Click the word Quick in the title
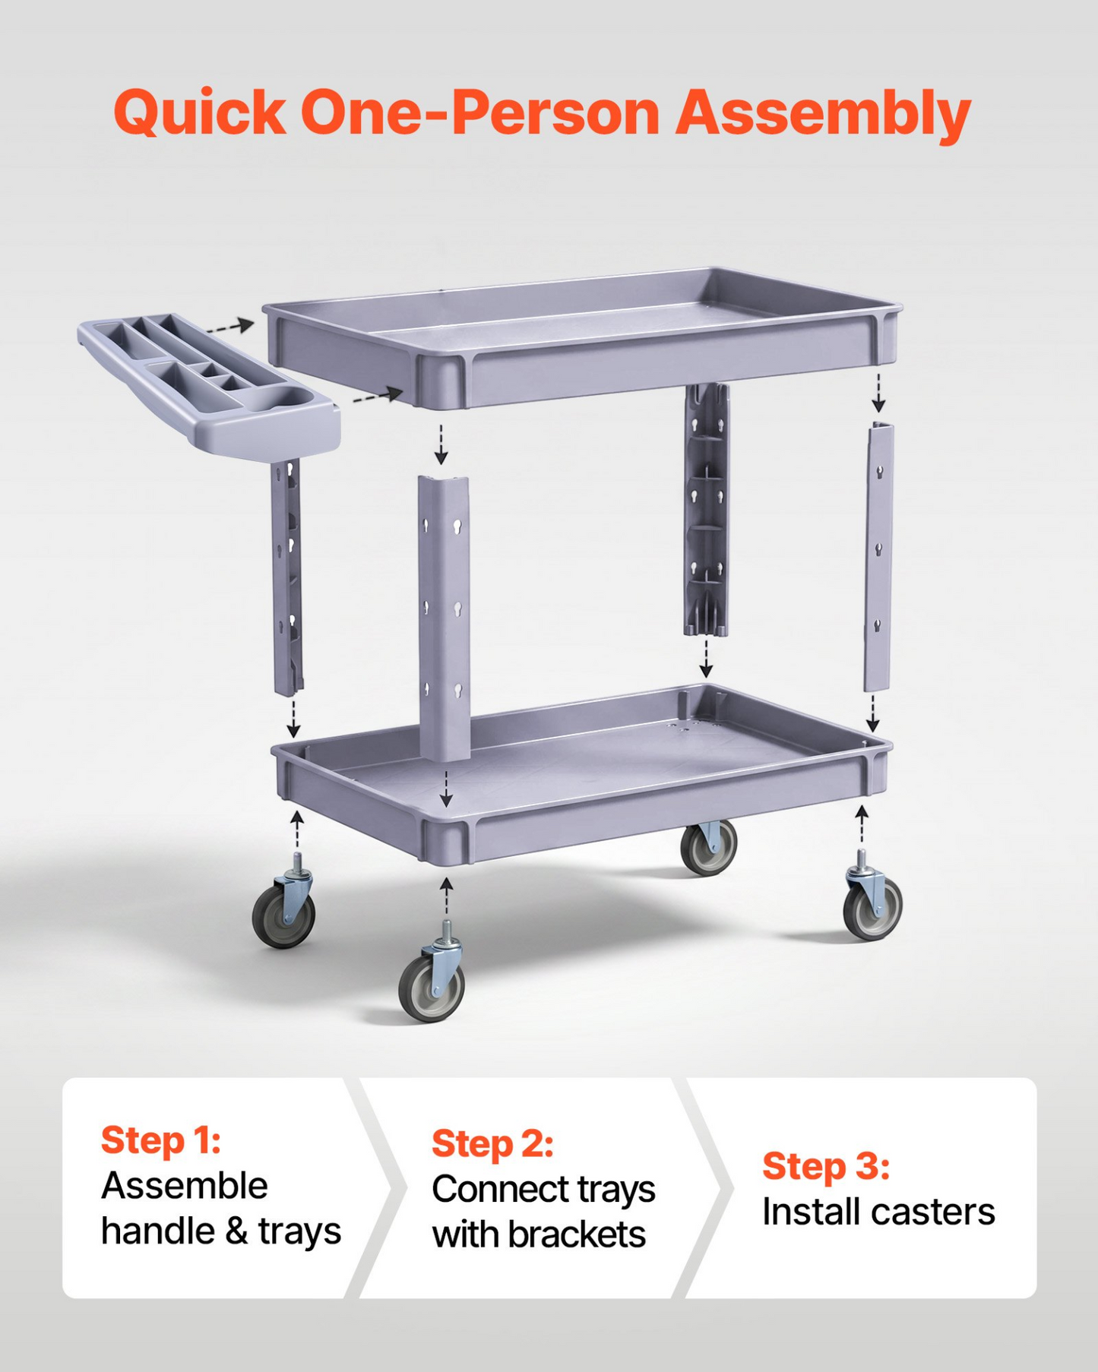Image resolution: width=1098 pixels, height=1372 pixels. pos(200,112)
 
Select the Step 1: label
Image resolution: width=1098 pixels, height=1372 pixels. pos(161,1140)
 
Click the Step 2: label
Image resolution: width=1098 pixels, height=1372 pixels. pos(492,1143)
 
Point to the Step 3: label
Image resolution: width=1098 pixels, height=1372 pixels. pos(826,1166)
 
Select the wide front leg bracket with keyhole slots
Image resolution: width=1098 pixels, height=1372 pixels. pos(444,618)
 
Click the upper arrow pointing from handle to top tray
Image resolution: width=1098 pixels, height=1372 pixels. pos(230,327)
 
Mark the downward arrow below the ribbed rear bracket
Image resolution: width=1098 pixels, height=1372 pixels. pos(707,658)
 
